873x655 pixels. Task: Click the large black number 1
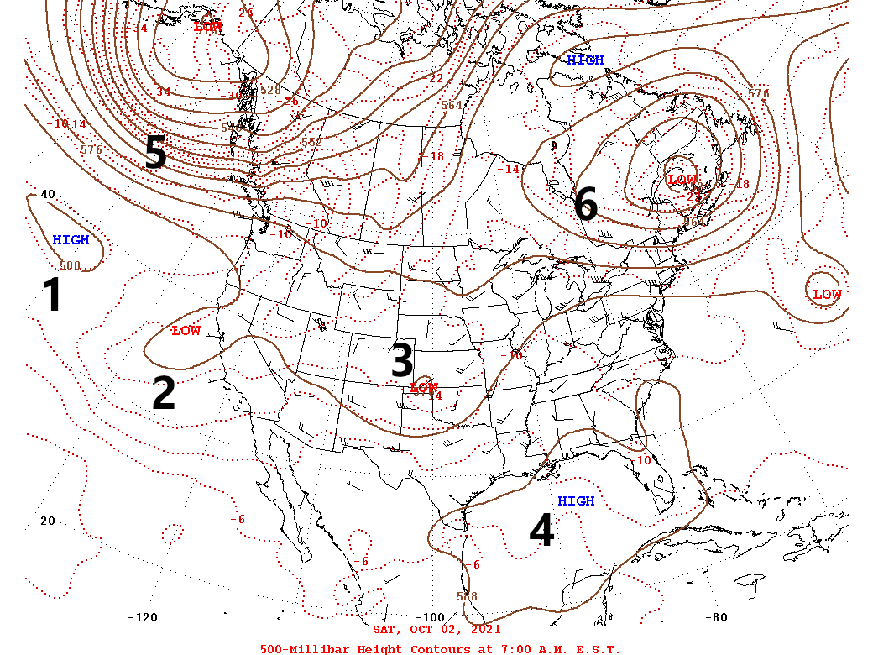[x=52, y=296]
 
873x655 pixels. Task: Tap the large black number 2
[x=164, y=393]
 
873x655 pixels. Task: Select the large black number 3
[x=402, y=360]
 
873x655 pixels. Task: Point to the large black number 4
[x=542, y=531]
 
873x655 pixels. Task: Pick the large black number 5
[x=156, y=152]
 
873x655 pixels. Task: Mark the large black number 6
[x=586, y=205]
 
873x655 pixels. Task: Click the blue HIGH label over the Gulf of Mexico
[x=576, y=501]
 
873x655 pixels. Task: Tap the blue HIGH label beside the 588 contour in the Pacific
[x=71, y=240]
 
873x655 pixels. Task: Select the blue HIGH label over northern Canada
[x=585, y=60]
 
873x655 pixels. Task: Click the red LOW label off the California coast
[x=186, y=331]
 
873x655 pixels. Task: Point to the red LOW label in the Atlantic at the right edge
[x=827, y=295]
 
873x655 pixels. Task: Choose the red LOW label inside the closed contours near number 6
[x=682, y=180]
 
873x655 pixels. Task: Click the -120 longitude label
[x=142, y=618]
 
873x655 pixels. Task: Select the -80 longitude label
[x=718, y=618]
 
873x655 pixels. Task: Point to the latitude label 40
[x=48, y=195]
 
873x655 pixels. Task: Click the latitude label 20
[x=48, y=521]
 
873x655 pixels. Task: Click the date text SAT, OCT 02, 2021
[x=436, y=629]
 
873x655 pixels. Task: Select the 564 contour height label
[x=452, y=105]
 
